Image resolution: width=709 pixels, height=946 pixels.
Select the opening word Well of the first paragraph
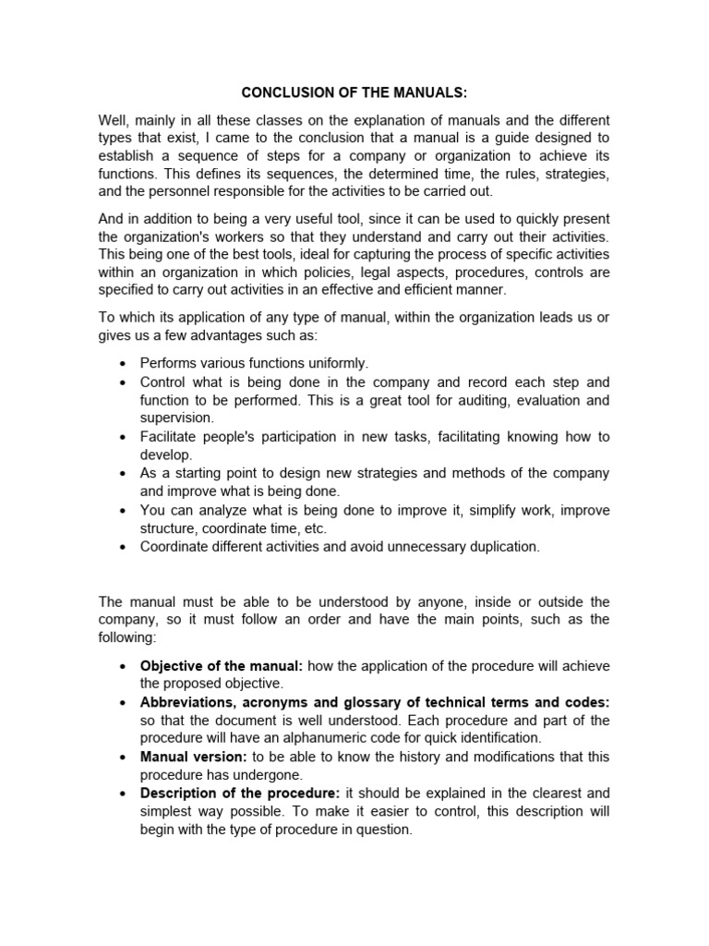pos(114,121)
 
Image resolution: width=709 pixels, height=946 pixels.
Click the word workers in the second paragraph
pos(222,236)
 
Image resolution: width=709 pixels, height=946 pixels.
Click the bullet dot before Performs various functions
pos(124,364)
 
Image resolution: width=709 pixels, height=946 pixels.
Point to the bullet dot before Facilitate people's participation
pos(124,437)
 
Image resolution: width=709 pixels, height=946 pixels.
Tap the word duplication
pos(499,547)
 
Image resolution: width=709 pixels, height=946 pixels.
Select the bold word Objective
pos(171,666)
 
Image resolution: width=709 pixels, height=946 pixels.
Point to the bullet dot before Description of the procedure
pos(124,794)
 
